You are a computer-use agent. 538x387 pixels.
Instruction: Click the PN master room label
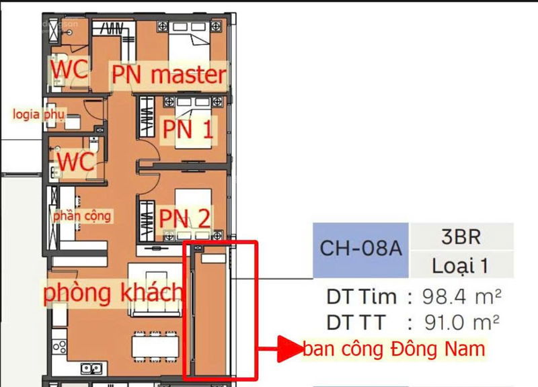coord(169,75)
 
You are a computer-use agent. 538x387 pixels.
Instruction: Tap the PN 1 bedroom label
coord(188,130)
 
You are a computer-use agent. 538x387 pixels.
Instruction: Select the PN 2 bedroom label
coord(184,218)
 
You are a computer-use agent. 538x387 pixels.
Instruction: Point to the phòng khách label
coord(113,292)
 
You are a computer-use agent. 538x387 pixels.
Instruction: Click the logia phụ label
coord(38,114)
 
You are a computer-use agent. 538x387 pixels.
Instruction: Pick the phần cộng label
coord(82,216)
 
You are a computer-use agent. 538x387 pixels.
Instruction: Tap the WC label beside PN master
coord(69,69)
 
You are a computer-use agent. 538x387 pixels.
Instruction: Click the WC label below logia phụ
coord(76,161)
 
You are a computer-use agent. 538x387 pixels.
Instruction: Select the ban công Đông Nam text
coord(394,349)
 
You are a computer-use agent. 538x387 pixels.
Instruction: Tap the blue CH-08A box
coord(361,250)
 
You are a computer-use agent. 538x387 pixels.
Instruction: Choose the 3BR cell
coord(461,236)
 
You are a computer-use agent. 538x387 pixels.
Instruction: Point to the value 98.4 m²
coord(461,297)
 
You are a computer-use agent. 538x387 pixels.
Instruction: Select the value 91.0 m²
coord(461,322)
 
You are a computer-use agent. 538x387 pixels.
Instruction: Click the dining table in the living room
coord(155,347)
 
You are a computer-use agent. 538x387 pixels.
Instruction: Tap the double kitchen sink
coord(91,368)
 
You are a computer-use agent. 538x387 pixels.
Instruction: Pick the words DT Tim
coord(361,297)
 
